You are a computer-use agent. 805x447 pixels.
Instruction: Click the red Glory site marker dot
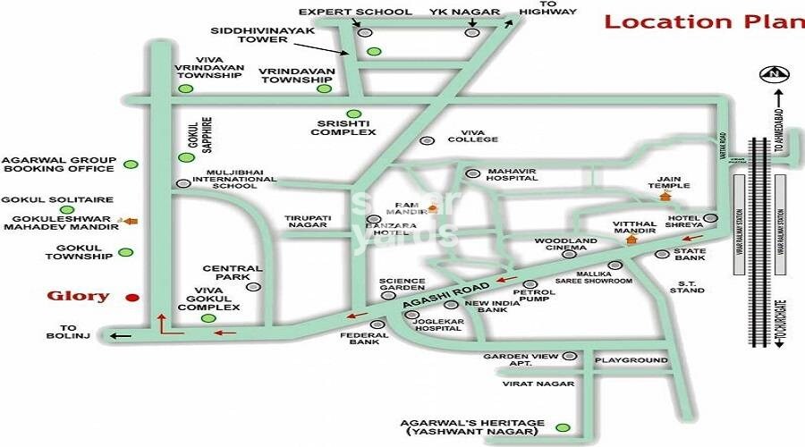click(x=132, y=298)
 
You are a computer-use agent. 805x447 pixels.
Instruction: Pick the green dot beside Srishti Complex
click(x=354, y=114)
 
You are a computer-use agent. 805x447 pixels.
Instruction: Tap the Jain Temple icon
click(x=664, y=195)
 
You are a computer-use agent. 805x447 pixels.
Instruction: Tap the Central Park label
click(x=233, y=273)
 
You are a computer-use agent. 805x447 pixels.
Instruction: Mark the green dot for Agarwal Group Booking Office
click(x=131, y=164)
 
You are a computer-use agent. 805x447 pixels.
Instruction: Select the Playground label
click(x=631, y=360)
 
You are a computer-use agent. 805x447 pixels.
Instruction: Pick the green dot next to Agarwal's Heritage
click(x=561, y=427)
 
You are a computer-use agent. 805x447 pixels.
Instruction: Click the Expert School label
click(x=355, y=12)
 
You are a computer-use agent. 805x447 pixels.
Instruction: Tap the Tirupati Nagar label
click(x=309, y=222)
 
